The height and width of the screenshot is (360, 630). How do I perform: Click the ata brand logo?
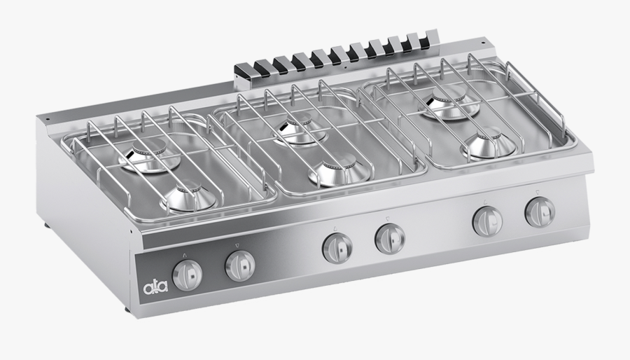[x=155, y=287]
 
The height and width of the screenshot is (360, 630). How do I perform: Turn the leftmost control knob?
[x=187, y=275]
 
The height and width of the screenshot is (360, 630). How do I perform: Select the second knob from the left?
[x=240, y=266]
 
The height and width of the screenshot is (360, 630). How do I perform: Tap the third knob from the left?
[x=337, y=249]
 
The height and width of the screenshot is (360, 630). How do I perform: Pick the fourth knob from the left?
[x=390, y=239]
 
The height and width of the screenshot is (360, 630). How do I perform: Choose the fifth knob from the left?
[x=487, y=221]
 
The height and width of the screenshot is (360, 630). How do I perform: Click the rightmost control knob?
[x=540, y=212]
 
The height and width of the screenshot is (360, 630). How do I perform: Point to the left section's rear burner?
[x=149, y=156]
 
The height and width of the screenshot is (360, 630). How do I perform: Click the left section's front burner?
[x=187, y=197]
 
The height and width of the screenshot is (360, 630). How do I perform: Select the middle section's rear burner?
[x=300, y=130]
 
